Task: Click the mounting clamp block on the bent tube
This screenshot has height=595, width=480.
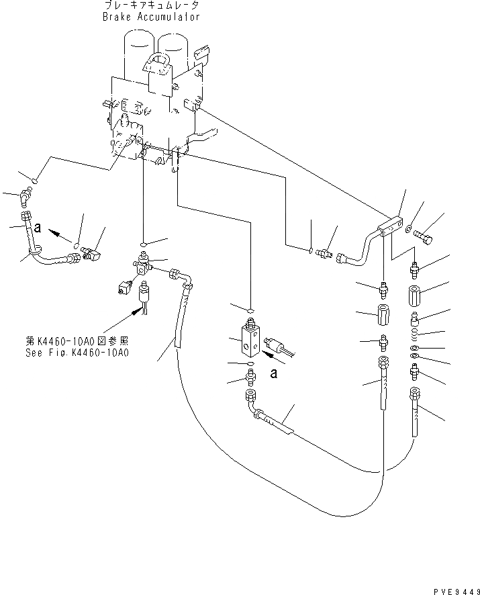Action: [x=391, y=227]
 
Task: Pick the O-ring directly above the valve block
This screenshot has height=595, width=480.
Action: [x=249, y=312]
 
